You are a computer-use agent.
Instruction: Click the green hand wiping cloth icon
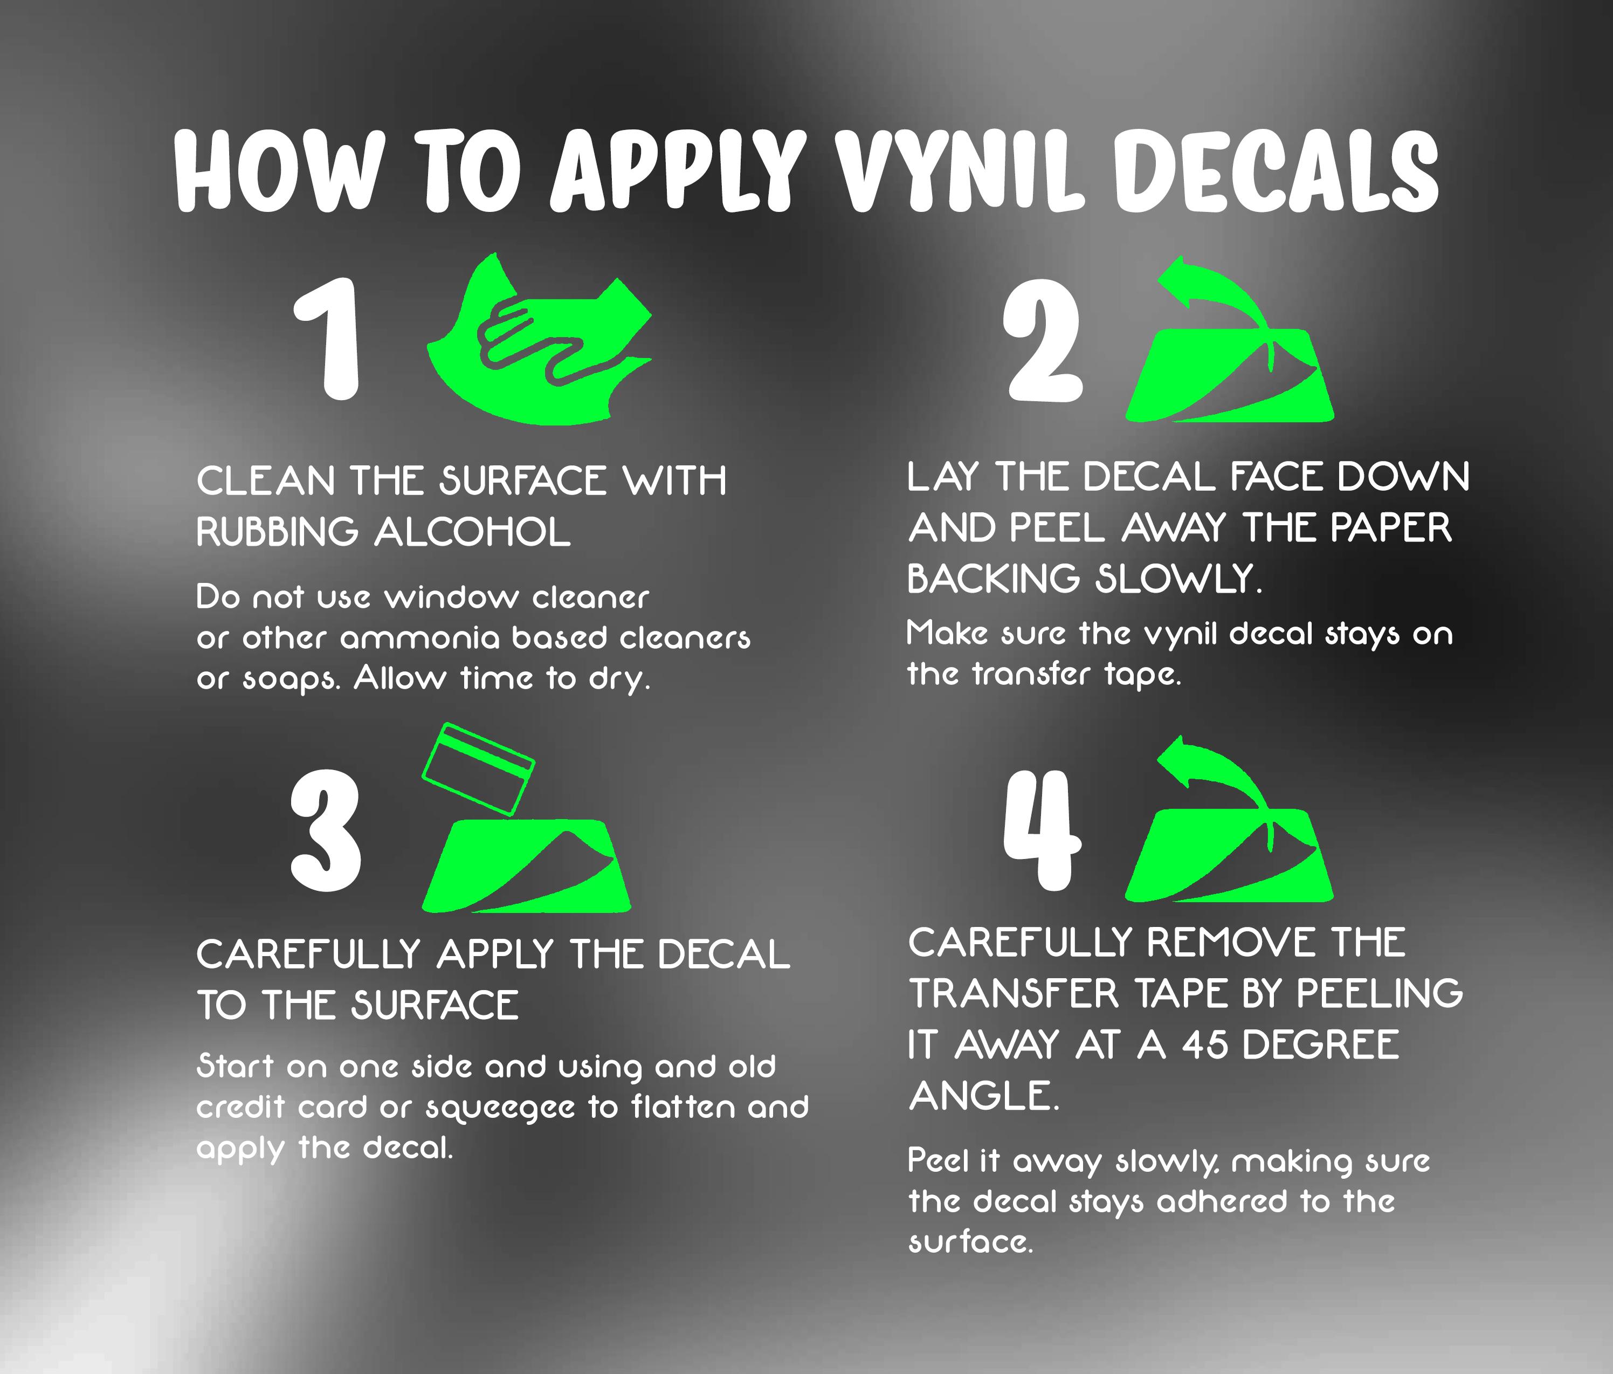coord(540,339)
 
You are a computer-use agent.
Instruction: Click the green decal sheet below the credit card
coord(526,865)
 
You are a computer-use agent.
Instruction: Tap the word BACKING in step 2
coord(994,579)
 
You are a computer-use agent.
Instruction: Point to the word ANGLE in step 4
coord(984,1096)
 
